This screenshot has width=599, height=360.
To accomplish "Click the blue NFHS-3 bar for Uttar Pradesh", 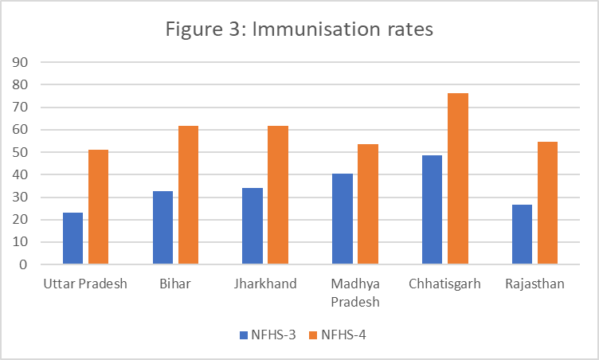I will [72, 238].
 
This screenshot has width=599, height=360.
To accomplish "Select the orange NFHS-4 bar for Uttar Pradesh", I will [98, 206].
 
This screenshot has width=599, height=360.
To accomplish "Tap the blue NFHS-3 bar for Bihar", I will [162, 227].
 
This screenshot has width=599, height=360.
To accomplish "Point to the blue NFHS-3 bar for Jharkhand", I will [253, 225].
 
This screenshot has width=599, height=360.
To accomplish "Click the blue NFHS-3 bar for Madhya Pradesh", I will [342, 218].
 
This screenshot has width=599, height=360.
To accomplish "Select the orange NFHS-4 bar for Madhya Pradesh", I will [367, 204].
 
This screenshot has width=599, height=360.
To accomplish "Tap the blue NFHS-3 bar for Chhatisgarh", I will [432, 209].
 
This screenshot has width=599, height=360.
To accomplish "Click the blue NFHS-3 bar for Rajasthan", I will [522, 234].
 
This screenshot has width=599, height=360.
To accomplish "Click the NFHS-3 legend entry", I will [268, 335].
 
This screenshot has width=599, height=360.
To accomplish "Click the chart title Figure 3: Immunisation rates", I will [299, 30].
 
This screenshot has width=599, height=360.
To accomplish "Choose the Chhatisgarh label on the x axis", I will [444, 284].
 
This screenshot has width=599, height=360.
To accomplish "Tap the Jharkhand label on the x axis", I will [265, 284].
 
